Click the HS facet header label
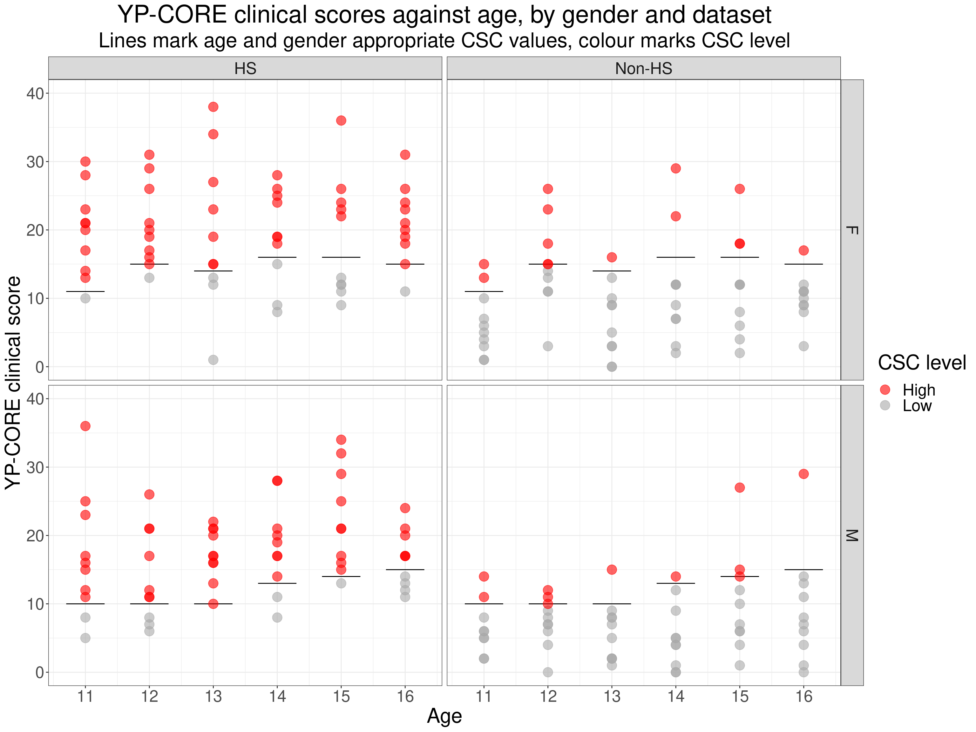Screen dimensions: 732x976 [x=245, y=68]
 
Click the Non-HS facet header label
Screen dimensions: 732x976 [x=643, y=68]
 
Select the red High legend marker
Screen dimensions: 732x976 [x=885, y=389]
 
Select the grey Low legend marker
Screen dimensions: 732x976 [x=885, y=405]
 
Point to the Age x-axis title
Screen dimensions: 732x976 [x=444, y=716]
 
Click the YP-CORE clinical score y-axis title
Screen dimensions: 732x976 [x=13, y=383]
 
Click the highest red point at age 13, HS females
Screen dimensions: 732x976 [x=213, y=107]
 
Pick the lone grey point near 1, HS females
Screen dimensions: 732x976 [x=213, y=360]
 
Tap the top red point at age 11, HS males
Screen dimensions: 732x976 [x=85, y=426]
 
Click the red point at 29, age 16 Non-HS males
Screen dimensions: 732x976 [x=803, y=474]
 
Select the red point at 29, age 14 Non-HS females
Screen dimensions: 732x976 [x=675, y=168]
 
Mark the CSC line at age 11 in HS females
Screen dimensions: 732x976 [x=85, y=291]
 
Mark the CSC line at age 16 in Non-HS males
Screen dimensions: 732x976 [x=803, y=570]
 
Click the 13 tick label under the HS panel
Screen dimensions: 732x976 [x=213, y=697]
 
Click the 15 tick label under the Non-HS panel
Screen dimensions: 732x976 [x=740, y=697]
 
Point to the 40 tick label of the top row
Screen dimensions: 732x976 [x=35, y=93]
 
